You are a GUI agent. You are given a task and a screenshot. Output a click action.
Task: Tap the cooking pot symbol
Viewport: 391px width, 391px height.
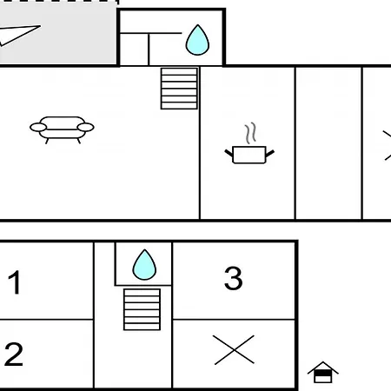pos(249,155)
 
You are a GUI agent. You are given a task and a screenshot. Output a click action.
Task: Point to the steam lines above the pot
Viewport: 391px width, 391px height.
pos(251,133)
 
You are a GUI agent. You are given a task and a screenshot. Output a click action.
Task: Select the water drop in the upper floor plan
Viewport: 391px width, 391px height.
pos(197,40)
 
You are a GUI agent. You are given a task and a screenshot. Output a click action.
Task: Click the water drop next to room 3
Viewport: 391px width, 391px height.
pos(144,265)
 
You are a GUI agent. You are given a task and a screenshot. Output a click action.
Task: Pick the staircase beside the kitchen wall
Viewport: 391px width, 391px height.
pos(179,89)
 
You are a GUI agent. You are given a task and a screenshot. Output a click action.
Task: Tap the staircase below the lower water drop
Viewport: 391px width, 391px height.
pos(142,309)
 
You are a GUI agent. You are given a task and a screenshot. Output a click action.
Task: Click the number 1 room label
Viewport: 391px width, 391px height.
pos(14,282)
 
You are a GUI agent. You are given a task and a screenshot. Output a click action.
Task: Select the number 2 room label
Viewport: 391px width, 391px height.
pos(14,354)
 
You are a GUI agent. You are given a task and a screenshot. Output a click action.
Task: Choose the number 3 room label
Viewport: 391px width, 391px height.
pos(234,278)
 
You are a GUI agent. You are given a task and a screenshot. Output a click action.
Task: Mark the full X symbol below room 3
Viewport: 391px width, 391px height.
pos(234,350)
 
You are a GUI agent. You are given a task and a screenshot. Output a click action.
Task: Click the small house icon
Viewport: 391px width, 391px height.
pos(323,373)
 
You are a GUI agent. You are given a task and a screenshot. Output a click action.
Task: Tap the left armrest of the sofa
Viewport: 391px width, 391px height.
pos(38,127)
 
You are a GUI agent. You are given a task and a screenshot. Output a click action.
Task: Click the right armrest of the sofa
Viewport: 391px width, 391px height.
pos(86,127)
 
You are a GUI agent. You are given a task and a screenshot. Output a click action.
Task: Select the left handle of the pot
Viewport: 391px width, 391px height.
pos(229,153)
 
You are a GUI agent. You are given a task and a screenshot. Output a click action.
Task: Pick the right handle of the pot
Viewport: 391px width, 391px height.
pos(270,153)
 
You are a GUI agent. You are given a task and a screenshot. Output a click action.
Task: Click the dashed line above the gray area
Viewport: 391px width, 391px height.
pos(59,1)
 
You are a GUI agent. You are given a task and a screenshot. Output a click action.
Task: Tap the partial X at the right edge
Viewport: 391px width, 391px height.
pos(388,145)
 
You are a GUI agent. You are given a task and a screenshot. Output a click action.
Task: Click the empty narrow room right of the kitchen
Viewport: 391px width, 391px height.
pos(328,143)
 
